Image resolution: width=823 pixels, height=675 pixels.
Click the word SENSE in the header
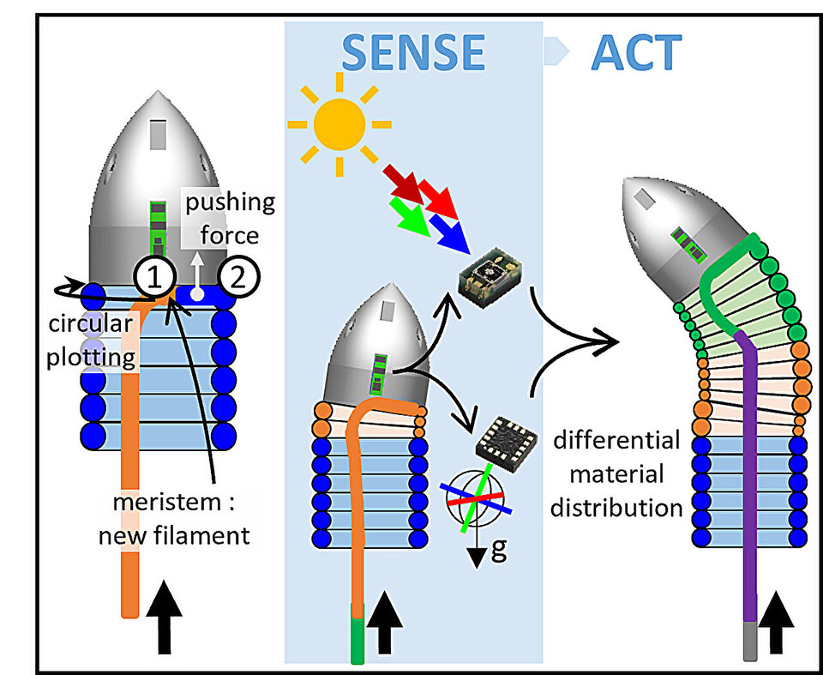click(413, 53)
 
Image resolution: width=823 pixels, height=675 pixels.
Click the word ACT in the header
click(636, 53)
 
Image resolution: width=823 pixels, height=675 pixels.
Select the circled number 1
click(155, 276)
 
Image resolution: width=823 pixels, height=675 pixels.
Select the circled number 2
click(238, 276)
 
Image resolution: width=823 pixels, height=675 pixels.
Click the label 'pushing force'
click(231, 218)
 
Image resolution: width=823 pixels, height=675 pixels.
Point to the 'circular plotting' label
click(91, 341)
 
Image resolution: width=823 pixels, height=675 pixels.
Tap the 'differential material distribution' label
click(616, 474)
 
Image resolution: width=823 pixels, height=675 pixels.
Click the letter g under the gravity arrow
click(497, 549)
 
